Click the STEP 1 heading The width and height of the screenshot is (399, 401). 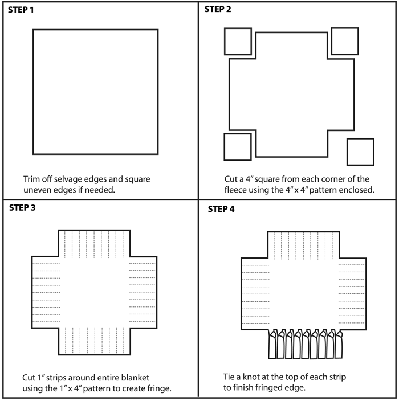click(21, 10)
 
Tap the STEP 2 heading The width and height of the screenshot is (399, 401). click(218, 9)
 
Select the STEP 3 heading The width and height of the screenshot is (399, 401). click(22, 208)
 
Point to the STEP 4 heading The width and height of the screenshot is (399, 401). click(221, 209)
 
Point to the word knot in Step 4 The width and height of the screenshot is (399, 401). click(251, 377)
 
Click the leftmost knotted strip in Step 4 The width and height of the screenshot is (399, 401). click(272, 344)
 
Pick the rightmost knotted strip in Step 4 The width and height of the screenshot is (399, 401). click(339, 344)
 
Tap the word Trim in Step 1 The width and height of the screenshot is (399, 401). click(31, 179)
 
